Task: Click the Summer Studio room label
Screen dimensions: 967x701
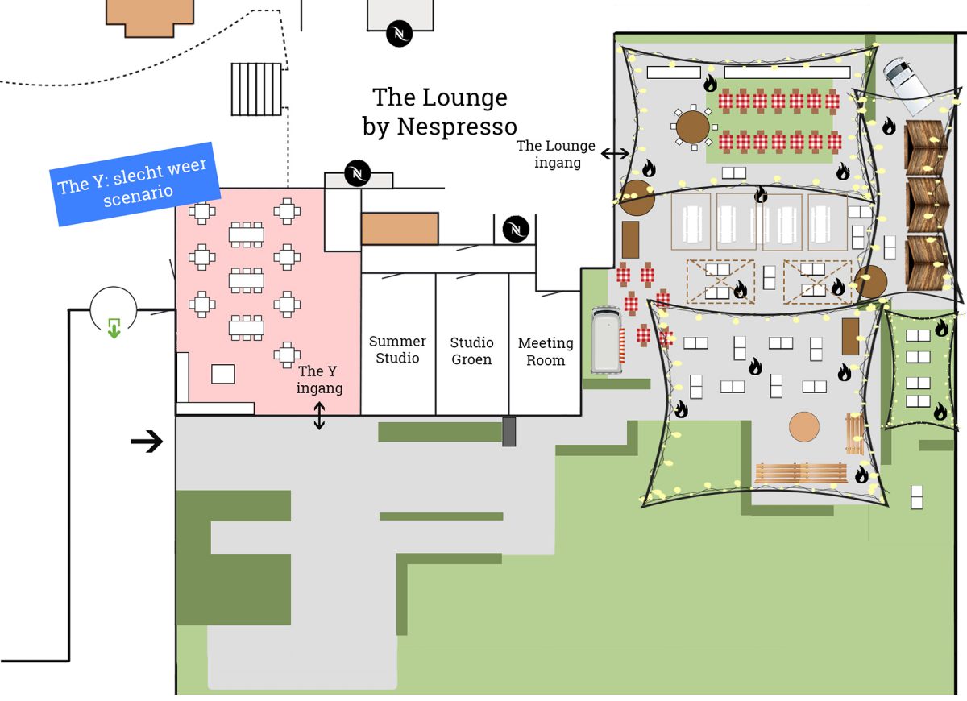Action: point(397,350)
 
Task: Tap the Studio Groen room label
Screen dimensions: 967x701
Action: point(471,351)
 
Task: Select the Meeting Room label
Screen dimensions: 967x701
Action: point(546,351)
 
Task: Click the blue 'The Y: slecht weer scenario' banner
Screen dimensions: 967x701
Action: point(135,184)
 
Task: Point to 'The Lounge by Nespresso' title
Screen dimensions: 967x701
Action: point(440,112)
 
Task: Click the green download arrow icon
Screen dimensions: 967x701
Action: point(114,328)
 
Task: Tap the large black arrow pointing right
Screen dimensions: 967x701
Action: point(147,442)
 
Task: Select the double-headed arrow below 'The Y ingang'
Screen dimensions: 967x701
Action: point(319,416)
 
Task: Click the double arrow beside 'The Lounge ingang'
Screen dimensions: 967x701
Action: point(615,153)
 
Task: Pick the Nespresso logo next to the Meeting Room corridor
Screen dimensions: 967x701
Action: point(516,229)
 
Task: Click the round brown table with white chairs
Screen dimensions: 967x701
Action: point(693,127)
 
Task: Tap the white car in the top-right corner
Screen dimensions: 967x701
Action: point(907,85)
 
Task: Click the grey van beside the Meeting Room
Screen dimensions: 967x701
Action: point(607,340)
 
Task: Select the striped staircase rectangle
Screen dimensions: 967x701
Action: point(256,89)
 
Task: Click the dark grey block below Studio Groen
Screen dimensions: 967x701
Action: point(509,432)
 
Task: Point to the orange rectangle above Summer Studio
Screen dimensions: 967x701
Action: point(400,228)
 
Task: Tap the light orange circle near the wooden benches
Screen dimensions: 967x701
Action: point(804,427)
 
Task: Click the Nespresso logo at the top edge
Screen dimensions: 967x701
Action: point(399,34)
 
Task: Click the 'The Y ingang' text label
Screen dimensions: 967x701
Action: point(319,380)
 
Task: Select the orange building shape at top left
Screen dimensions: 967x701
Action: point(150,17)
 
